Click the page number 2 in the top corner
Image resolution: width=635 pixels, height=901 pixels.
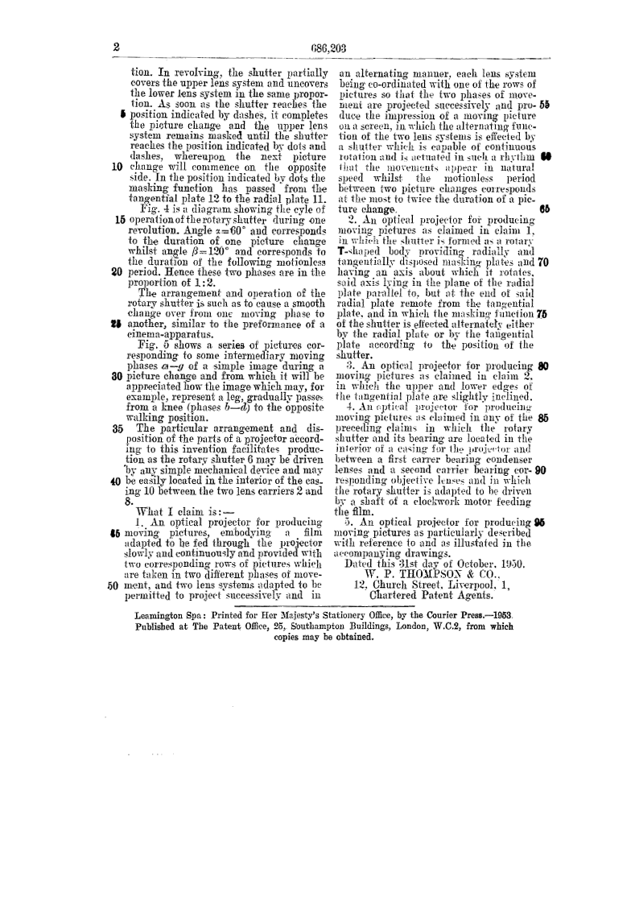(116, 48)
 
